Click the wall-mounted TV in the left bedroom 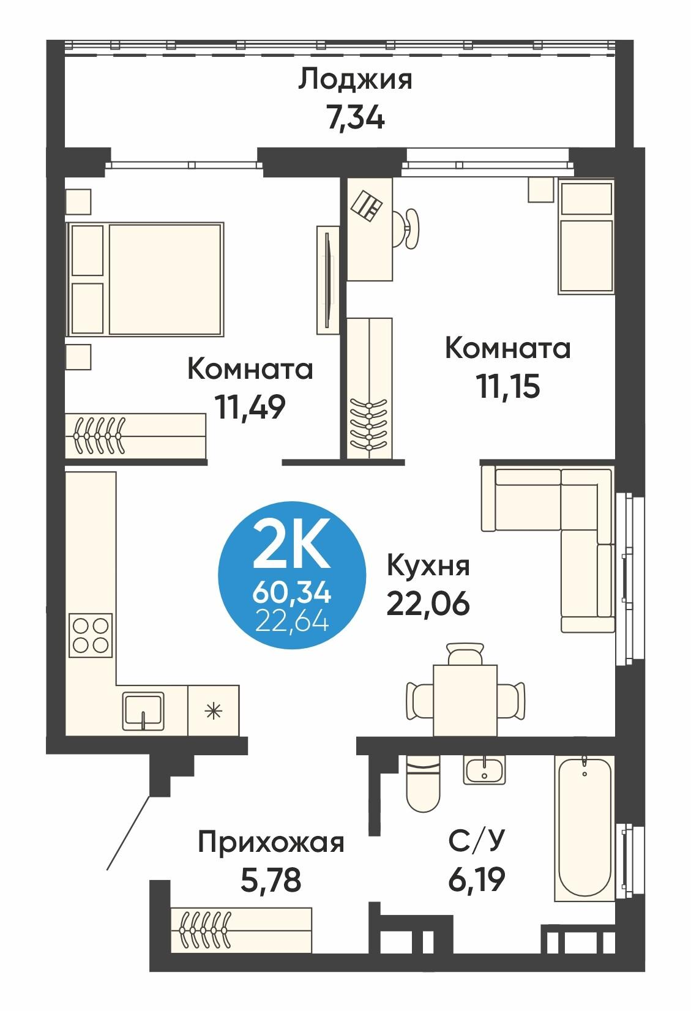coord(329,280)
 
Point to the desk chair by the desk coord(408,228)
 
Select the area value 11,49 coord(250,407)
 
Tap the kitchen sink coord(143,709)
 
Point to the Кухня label coord(428,566)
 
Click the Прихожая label coord(271,843)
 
